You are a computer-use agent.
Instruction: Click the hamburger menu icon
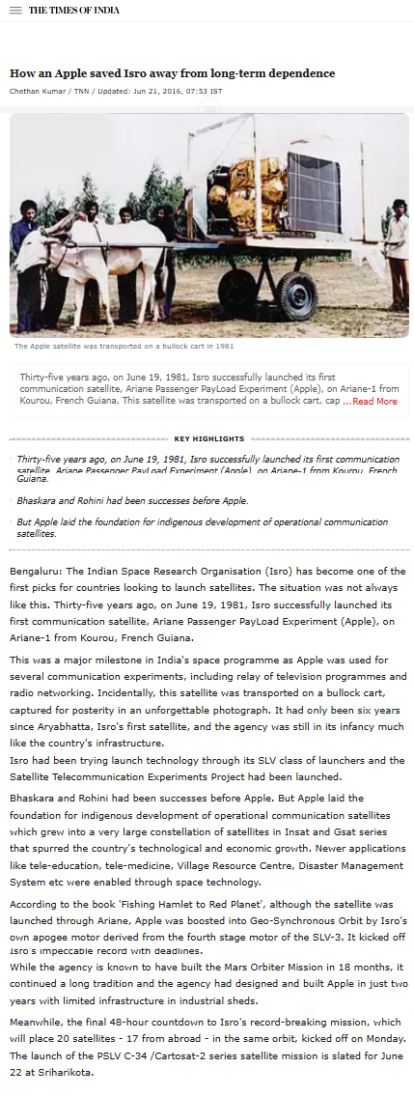pyautogui.click(x=15, y=11)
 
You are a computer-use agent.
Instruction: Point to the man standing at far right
pyautogui.click(x=396, y=246)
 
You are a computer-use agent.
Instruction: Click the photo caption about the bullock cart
pyautogui.click(x=124, y=346)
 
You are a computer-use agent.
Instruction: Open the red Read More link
pyautogui.click(x=374, y=402)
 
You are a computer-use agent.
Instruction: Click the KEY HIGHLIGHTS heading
pyautogui.click(x=208, y=438)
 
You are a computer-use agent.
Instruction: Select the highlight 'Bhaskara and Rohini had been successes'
pyautogui.click(x=119, y=501)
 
